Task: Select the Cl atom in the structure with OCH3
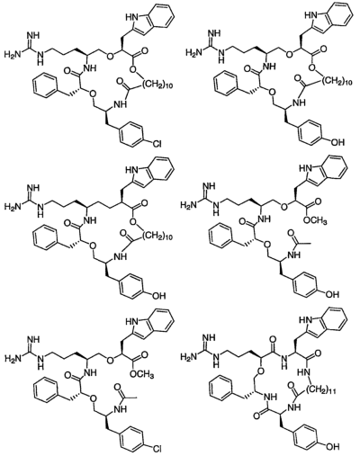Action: tap(157, 449)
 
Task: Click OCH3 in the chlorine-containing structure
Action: tap(142, 374)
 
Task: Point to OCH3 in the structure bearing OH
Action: tap(315, 221)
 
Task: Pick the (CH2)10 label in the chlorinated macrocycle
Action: tap(158, 85)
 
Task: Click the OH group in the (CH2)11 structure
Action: tap(333, 447)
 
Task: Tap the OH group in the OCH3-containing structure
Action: tap(333, 294)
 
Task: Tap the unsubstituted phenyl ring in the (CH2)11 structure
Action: tap(221, 388)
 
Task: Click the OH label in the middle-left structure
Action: tap(159, 296)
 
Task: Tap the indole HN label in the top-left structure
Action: tap(131, 18)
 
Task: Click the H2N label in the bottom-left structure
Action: tap(13, 358)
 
